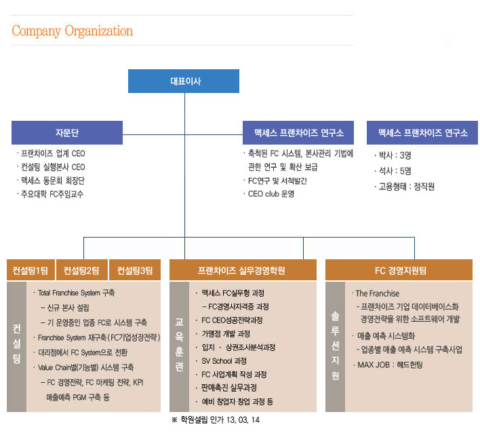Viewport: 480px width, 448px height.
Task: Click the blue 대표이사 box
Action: [x=184, y=81]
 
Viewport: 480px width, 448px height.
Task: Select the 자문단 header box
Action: [x=67, y=132]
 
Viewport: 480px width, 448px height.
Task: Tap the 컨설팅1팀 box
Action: [x=31, y=270]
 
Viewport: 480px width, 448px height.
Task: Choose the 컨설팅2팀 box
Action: [x=82, y=270]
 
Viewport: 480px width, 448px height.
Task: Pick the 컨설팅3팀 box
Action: [x=135, y=270]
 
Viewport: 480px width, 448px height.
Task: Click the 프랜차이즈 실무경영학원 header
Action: [x=243, y=270]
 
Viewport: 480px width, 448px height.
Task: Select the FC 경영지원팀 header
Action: [x=399, y=270]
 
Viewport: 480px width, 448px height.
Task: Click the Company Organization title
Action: [x=73, y=31]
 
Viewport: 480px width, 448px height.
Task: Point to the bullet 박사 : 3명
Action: [x=393, y=155]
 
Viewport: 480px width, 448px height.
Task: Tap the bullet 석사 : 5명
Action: [x=393, y=171]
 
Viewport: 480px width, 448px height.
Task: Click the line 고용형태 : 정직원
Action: [x=404, y=187]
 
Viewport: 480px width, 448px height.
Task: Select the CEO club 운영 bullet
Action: [x=269, y=194]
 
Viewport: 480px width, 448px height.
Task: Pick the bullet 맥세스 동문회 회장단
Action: [x=51, y=181]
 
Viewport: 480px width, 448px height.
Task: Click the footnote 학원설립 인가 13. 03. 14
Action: [x=216, y=419]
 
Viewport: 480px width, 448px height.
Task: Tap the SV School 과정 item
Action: [x=221, y=361]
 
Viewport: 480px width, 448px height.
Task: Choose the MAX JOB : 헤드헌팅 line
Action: [x=388, y=365]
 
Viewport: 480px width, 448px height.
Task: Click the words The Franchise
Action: [x=378, y=293]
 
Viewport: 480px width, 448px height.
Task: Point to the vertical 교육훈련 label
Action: [x=179, y=344]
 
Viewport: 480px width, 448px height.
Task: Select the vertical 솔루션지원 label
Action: [x=335, y=346]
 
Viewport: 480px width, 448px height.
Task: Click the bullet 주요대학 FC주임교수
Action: [x=50, y=194]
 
